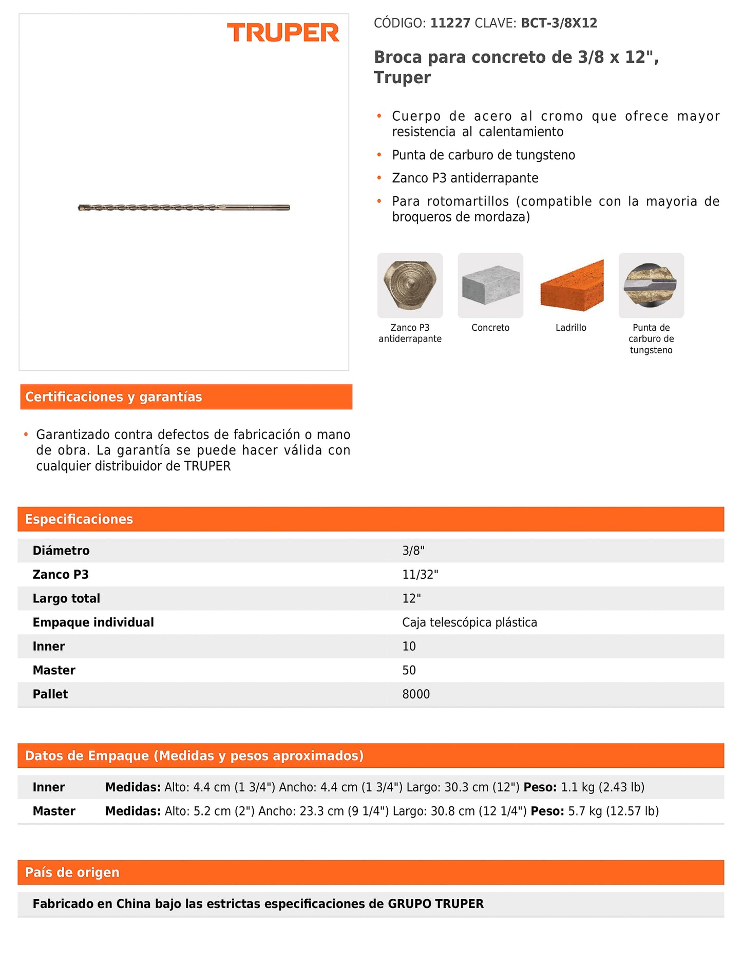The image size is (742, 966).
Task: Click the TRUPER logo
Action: [x=283, y=33]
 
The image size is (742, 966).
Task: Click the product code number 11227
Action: [x=450, y=23]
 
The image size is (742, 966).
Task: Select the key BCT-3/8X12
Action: [x=559, y=23]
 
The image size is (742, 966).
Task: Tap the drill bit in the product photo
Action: [x=184, y=207]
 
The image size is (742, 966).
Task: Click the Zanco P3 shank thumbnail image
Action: [x=410, y=285]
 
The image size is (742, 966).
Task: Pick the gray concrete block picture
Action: [x=490, y=285]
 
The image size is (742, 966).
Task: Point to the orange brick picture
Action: [x=571, y=285]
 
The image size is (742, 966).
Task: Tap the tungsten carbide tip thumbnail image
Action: [x=651, y=285]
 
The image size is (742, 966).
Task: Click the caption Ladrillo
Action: [x=570, y=328]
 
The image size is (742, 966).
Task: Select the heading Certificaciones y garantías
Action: [x=113, y=397]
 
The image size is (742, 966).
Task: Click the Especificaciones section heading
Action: [x=79, y=519]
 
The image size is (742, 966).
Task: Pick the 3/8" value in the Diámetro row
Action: [x=413, y=551]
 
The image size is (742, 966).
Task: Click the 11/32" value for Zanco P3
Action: [x=420, y=575]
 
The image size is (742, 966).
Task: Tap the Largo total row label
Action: [x=66, y=598]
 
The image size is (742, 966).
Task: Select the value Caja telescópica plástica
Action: [x=469, y=622]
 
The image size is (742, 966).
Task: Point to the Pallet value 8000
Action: [x=416, y=694]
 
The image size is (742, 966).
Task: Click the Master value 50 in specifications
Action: [x=409, y=670]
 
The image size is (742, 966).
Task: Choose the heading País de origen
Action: [x=72, y=873]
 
